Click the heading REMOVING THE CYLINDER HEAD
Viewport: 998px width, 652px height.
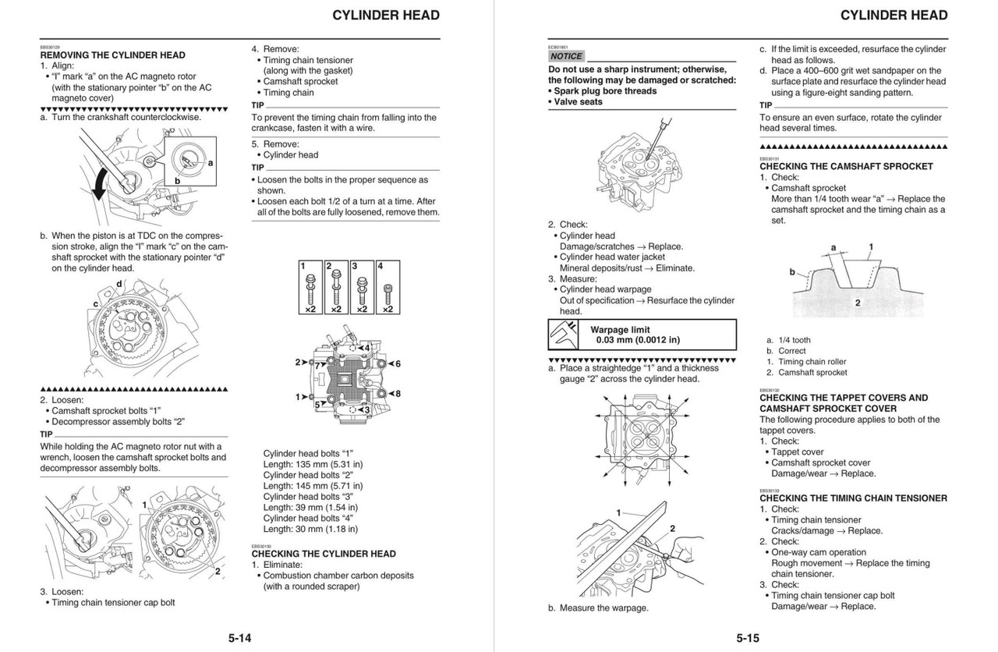pos(112,55)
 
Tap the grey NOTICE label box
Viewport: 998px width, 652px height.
pos(566,56)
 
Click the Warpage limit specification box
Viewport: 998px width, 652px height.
pos(642,335)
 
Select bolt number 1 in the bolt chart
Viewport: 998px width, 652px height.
pos(310,289)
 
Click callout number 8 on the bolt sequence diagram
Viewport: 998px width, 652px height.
pos(397,394)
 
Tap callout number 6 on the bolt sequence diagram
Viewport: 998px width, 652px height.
pos(397,364)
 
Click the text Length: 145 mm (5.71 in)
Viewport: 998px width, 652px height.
pos(313,486)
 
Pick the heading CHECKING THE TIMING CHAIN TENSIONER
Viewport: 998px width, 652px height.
pos(853,498)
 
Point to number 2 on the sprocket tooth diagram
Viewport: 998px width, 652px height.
pos(858,303)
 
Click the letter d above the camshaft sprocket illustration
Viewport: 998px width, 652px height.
pos(119,284)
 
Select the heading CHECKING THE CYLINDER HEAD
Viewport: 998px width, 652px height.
pos(324,554)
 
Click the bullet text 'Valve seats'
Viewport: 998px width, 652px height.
pos(578,102)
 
